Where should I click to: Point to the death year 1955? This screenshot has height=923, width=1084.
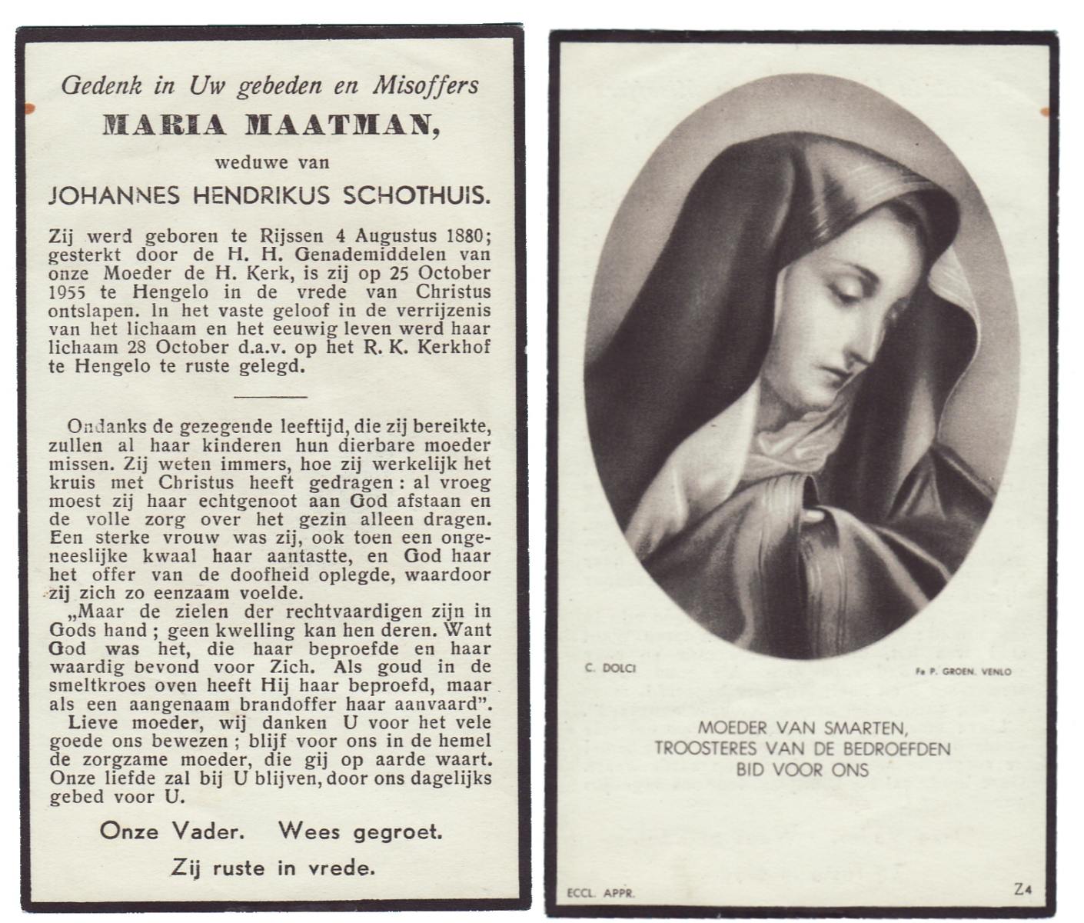point(67,293)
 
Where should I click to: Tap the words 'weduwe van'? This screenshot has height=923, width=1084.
point(272,162)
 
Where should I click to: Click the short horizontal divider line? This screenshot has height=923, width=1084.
point(270,397)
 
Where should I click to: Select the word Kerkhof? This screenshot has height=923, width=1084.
point(461,348)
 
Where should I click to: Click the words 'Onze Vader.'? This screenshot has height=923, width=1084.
point(172,831)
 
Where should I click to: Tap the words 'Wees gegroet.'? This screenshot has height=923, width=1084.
point(361,831)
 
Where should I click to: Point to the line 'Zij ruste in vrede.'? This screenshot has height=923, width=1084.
point(273,868)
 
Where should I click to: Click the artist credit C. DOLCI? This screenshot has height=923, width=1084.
point(610,668)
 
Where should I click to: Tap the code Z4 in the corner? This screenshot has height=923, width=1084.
point(1022,890)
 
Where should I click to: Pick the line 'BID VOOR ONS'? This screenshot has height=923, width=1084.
point(803,770)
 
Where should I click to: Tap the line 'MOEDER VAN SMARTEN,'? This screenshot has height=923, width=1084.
point(803,726)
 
